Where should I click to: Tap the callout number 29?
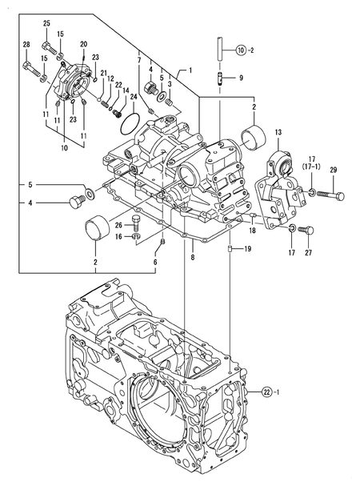pos(334,169)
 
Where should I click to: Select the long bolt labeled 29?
pos(329,195)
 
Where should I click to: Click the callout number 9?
pos(242,78)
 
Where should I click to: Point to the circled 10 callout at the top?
pos(240,50)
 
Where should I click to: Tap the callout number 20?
pos(84,44)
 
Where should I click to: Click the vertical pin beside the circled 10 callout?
pos(217,48)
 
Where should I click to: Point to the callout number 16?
pos(118,237)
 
